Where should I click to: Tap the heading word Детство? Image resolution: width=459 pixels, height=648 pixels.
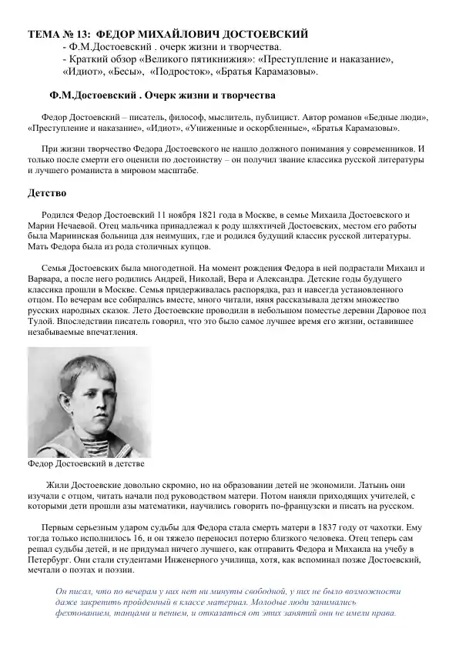coord(48,192)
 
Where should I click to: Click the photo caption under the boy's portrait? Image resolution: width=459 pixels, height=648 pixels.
coord(86,464)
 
